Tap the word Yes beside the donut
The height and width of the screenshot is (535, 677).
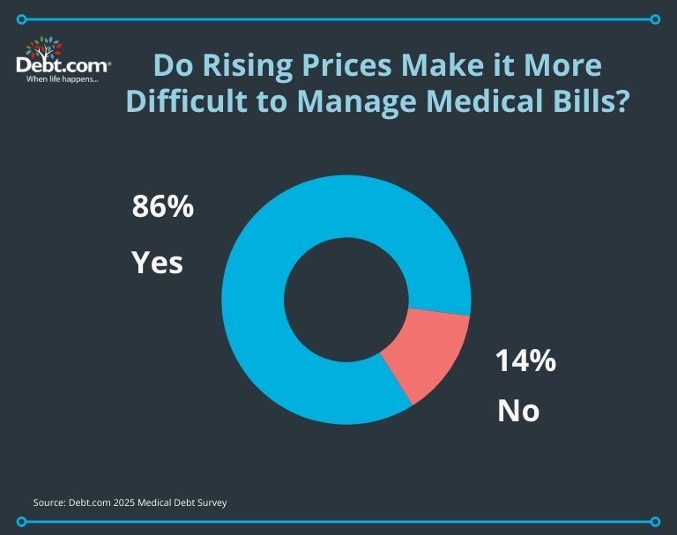[157, 262]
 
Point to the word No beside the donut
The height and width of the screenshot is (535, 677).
[517, 410]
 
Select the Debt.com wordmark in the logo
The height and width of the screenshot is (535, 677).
[63, 65]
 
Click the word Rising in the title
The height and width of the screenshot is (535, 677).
[249, 67]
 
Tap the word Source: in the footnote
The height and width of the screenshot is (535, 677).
[51, 502]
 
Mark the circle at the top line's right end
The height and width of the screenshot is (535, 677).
[654, 19]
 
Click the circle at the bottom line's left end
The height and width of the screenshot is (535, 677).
[22, 522]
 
